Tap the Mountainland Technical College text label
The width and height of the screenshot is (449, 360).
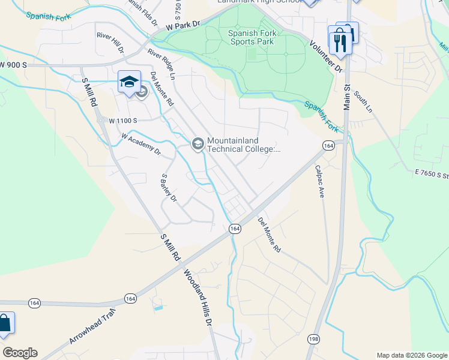tap(243, 145)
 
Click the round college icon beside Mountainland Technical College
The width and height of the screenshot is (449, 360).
tap(197, 144)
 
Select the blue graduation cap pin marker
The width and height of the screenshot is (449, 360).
tap(129, 83)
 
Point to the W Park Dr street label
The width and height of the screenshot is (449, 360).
tap(183, 25)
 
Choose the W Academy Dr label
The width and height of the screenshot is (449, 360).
tap(141, 145)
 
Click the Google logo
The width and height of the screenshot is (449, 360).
tap(20, 353)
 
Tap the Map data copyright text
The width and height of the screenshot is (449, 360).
tap(411, 355)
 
